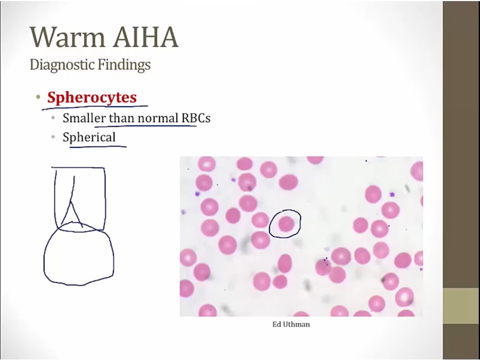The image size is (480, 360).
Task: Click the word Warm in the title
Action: (68, 37)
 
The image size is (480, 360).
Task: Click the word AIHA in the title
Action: (146, 37)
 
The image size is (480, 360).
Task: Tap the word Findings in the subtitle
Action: (124, 65)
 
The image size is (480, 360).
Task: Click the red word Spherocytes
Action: (92, 98)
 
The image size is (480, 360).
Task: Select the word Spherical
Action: (89, 137)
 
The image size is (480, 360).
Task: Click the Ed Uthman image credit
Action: (291, 324)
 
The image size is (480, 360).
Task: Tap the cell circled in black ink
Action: (286, 223)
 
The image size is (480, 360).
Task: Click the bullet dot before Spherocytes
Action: (38, 98)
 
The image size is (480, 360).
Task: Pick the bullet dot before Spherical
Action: (53, 137)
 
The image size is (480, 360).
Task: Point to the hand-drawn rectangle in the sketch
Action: (105, 199)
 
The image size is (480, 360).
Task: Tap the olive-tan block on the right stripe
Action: (461, 306)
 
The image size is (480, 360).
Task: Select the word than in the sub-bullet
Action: (122, 118)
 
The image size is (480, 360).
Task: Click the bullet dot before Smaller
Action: (53, 118)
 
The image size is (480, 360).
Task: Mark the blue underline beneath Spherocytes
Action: (95, 107)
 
